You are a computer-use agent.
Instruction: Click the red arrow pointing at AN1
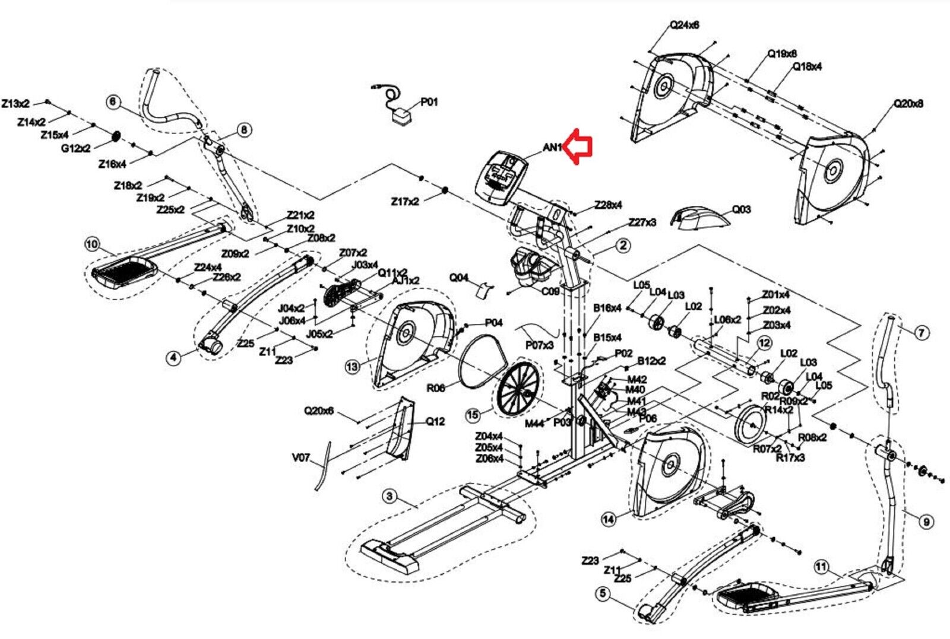point(578,147)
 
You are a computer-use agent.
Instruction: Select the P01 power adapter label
point(429,102)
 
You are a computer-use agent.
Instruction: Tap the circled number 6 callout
point(113,101)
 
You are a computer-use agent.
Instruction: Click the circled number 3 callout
point(389,495)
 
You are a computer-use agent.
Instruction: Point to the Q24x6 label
point(685,25)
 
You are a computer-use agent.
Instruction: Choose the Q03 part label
point(740,209)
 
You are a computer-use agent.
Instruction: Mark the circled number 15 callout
point(473,415)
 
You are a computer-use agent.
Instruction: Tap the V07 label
point(301,457)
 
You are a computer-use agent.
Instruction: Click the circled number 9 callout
point(926,522)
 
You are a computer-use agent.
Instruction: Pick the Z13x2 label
point(15,103)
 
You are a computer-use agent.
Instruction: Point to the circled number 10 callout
point(91,244)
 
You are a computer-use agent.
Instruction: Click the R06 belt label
point(435,389)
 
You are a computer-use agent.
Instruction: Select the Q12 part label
point(435,421)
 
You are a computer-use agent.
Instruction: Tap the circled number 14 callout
point(608,519)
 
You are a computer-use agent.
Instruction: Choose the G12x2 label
point(75,148)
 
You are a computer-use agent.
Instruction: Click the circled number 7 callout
point(921,333)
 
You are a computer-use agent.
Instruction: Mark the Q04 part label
point(458,277)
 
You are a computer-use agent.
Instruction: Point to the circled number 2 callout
point(623,244)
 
